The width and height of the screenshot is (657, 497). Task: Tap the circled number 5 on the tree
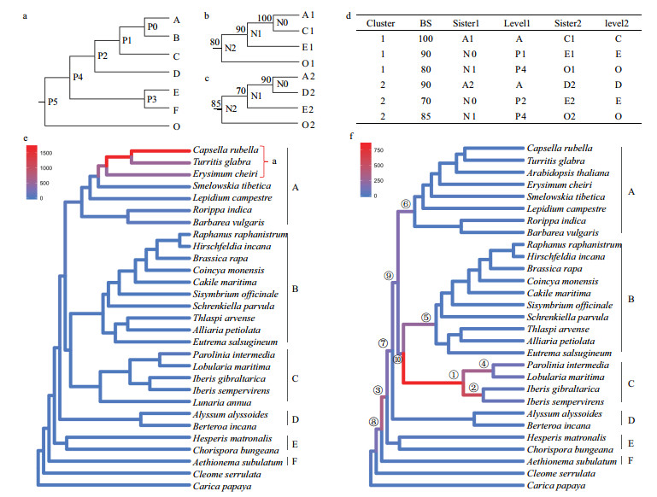427,317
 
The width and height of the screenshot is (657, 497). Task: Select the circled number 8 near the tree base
373,420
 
